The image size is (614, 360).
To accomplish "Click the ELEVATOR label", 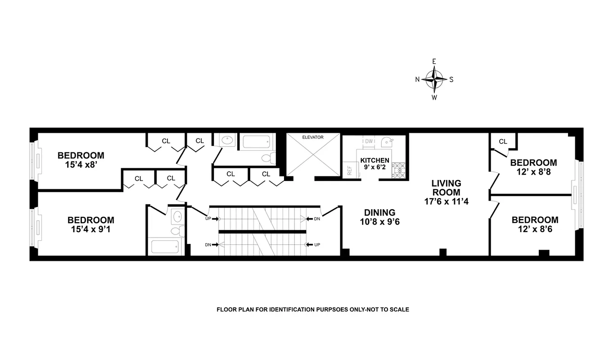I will tap(313, 137).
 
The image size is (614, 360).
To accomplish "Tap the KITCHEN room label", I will tap(375, 160).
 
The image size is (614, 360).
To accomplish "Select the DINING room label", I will tap(379, 212).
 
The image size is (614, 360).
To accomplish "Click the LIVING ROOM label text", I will tap(446, 188).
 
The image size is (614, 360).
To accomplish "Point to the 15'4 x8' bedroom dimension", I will tap(81, 165).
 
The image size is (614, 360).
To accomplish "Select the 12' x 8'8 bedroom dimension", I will tap(533, 172).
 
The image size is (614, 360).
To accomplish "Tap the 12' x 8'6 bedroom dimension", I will tap(535, 229).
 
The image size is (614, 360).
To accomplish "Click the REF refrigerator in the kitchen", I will tap(349, 171).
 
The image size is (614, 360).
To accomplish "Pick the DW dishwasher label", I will tap(369, 141).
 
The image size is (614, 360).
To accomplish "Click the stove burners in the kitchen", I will tap(398, 171).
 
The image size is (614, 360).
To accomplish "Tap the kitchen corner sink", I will tap(386, 142).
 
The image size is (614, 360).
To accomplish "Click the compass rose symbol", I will tap(434, 79).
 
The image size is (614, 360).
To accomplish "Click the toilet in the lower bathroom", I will tap(176, 231).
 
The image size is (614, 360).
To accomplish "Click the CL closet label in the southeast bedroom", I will tap(503, 142).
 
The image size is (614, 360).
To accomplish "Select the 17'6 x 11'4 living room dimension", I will tap(446, 202).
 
